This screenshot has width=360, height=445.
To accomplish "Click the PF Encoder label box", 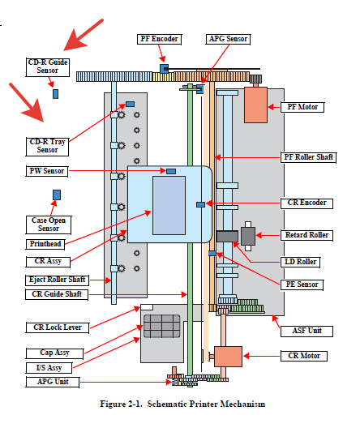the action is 159,39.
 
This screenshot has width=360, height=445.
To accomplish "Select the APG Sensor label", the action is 228,39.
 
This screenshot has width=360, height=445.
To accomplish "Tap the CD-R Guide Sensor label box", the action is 48,67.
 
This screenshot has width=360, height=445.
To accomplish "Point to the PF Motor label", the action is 302,107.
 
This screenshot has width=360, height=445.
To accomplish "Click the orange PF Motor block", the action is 255,105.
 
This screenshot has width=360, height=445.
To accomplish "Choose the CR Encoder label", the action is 306,203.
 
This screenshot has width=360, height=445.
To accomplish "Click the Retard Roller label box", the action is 306,235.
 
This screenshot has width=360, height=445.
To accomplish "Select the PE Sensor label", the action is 302,285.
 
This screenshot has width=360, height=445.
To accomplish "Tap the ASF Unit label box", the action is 306,332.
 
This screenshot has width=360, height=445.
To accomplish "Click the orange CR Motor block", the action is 228,357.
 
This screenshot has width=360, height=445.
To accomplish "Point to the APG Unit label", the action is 53,382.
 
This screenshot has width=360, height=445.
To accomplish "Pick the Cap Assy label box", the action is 55,353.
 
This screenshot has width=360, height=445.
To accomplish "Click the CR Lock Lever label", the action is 58,327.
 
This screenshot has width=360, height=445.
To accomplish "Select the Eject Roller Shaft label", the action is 57,280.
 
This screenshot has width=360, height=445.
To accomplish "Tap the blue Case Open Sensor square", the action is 57,195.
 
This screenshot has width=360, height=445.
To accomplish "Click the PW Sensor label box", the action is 47,171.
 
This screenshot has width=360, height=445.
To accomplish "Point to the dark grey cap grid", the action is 162,326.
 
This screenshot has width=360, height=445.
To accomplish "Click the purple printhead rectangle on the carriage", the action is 169,205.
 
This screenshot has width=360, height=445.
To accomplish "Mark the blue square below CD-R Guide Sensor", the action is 56,94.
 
